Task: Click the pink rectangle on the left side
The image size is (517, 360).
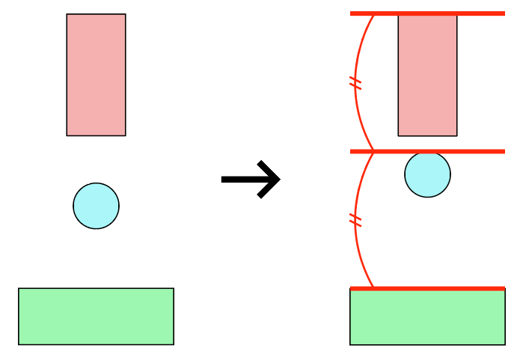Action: [x=96, y=75]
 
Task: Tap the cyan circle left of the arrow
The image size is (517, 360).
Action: [x=96, y=206]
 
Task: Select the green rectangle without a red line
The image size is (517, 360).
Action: [x=96, y=316]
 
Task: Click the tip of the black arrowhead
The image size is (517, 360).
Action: [x=280, y=179]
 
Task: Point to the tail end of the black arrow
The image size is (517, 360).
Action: [x=223, y=179]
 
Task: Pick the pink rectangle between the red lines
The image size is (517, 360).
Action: [x=427, y=75]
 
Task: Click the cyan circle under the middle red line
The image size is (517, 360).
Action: [x=427, y=175]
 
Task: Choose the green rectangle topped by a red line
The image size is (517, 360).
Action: [x=427, y=317]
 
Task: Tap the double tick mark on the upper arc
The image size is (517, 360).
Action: [x=355, y=83]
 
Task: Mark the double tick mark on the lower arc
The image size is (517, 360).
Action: [x=355, y=220]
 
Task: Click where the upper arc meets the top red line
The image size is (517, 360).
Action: [x=373, y=14]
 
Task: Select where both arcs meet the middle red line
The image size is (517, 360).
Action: [x=373, y=151]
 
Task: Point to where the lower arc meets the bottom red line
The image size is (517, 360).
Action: [x=373, y=288]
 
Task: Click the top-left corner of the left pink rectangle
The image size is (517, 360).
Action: [x=67, y=14]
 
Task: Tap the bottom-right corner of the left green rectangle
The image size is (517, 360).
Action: [x=174, y=344]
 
